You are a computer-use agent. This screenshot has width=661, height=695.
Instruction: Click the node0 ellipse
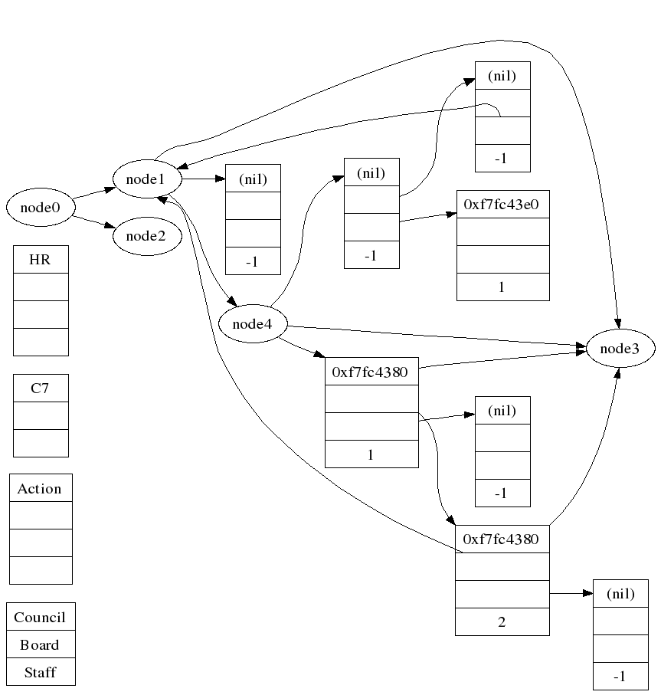pos(40,207)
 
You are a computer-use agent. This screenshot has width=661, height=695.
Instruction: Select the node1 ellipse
pos(146,179)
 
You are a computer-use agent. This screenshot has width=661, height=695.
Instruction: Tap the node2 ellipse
pos(146,235)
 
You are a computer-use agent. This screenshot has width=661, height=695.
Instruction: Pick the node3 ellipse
pos(620,349)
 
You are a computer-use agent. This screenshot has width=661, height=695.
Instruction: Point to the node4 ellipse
pos(253,324)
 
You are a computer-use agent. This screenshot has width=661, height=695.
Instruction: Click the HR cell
pos(41,260)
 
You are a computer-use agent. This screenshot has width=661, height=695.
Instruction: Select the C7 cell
pos(41,388)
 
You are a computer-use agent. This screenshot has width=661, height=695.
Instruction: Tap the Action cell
pos(41,488)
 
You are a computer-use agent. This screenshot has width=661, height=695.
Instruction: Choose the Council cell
pos(41,617)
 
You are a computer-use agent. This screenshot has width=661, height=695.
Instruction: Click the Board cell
pos(41,644)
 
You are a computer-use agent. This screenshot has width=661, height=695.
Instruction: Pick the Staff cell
pos(41,672)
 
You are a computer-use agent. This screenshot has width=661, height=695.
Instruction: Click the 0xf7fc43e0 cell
pos(502,205)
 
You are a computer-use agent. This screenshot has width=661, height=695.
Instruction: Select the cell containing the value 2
pos(502,621)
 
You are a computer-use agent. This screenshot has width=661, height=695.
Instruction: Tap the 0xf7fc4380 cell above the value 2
pos(502,539)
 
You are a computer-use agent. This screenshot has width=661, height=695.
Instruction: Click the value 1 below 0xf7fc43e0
pos(502,287)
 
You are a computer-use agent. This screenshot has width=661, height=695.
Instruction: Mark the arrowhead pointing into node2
pos(112,227)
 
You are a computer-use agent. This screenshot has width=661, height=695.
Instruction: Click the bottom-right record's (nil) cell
pos(620,594)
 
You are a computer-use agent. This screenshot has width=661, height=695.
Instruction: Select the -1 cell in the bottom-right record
pos(620,677)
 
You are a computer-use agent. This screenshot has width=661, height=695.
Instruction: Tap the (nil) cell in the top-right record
pos(502,76)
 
